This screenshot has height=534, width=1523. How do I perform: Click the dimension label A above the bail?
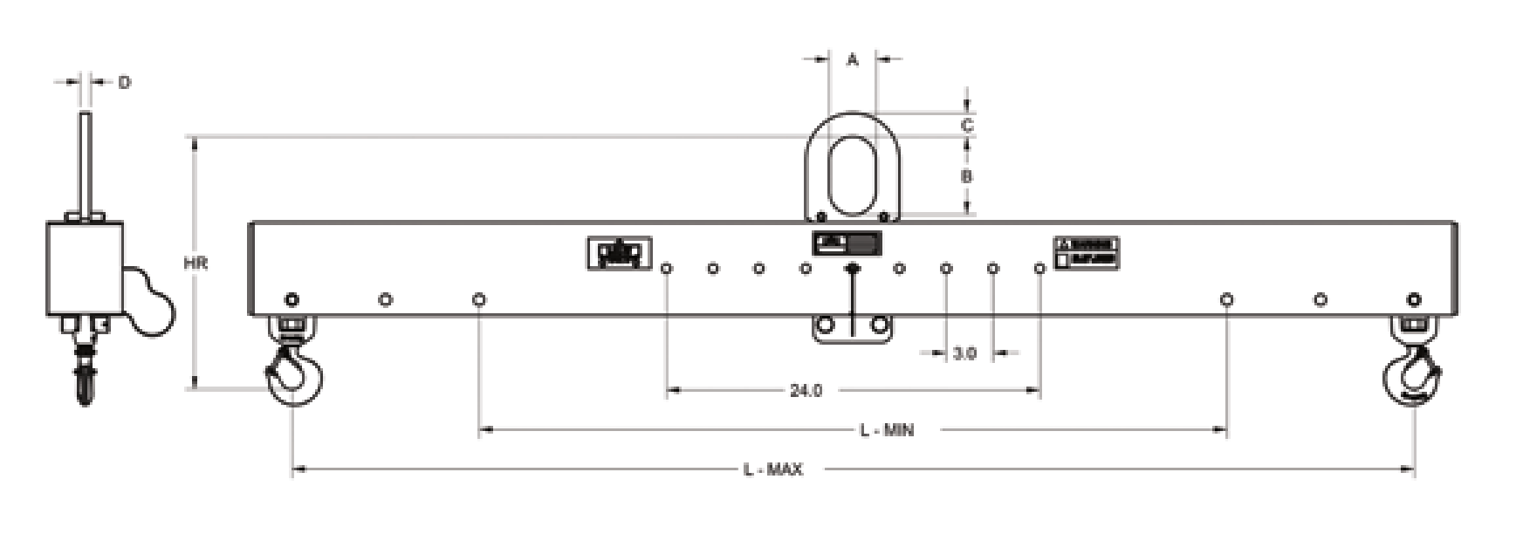(853, 60)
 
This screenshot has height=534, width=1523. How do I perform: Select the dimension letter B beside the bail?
(966, 176)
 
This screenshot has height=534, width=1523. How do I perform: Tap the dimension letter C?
(966, 126)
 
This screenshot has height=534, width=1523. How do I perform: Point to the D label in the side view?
(124, 83)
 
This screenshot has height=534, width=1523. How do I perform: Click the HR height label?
(196, 263)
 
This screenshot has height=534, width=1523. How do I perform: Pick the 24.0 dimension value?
(806, 391)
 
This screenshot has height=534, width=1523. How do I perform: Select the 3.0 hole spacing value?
(964, 353)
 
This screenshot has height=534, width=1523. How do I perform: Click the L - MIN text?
(887, 430)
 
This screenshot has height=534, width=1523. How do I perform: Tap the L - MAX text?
(772, 470)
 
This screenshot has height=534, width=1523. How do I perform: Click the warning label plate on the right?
(1086, 252)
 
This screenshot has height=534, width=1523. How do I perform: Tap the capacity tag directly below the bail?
(847, 243)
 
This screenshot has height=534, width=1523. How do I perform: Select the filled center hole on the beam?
(853, 269)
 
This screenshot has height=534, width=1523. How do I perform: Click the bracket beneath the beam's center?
(853, 328)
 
